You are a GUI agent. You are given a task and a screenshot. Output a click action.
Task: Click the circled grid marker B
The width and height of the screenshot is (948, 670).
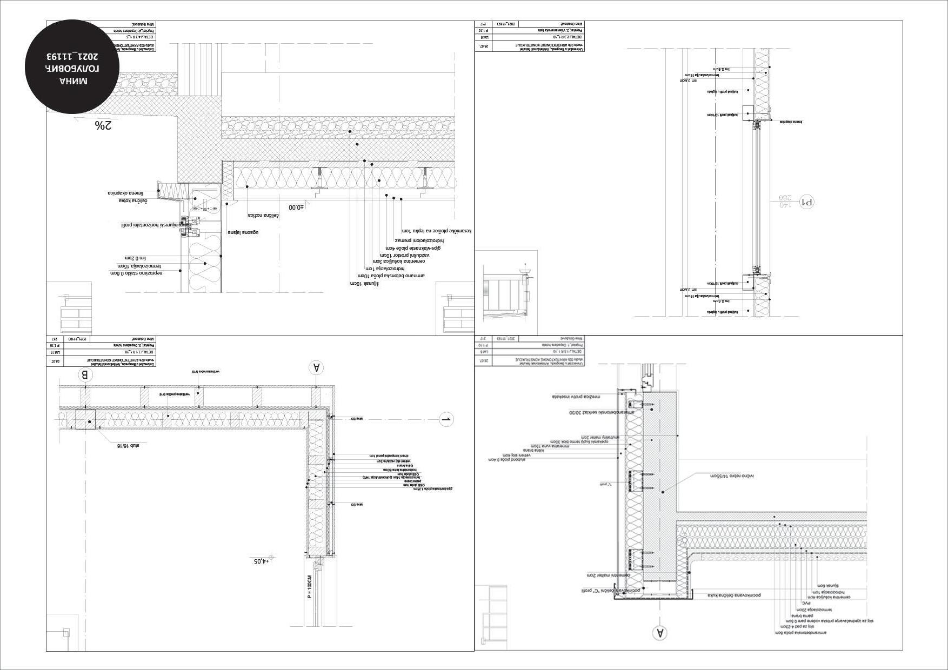[x=84, y=376]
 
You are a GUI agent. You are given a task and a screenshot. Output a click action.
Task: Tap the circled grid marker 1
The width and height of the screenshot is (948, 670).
[x=446, y=419]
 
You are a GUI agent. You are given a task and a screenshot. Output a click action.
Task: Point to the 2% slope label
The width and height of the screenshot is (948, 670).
[x=103, y=125]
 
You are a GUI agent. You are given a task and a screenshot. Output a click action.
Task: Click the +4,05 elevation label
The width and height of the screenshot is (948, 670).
[x=261, y=561]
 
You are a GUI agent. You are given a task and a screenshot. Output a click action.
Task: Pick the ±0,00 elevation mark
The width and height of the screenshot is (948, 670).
[x=297, y=207]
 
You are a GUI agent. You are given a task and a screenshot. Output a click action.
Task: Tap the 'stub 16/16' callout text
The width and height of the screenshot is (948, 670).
[x=128, y=446]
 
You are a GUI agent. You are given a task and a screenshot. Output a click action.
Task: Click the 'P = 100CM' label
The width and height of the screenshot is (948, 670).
[x=310, y=594]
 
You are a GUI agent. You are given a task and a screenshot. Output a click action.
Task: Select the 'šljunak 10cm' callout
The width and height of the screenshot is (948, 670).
[x=362, y=283]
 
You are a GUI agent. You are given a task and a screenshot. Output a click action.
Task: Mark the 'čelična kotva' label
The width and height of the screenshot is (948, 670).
[x=133, y=201]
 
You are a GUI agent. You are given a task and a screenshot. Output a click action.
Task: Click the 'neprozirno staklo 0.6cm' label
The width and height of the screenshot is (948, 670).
[x=137, y=273]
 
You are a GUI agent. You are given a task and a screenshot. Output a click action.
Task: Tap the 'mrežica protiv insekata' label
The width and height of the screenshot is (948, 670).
[x=576, y=396]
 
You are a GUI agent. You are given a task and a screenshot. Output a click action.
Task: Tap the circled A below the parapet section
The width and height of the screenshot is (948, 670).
[x=659, y=633]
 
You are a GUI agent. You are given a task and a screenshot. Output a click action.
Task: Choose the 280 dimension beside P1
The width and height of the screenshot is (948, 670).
[x=785, y=198]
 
